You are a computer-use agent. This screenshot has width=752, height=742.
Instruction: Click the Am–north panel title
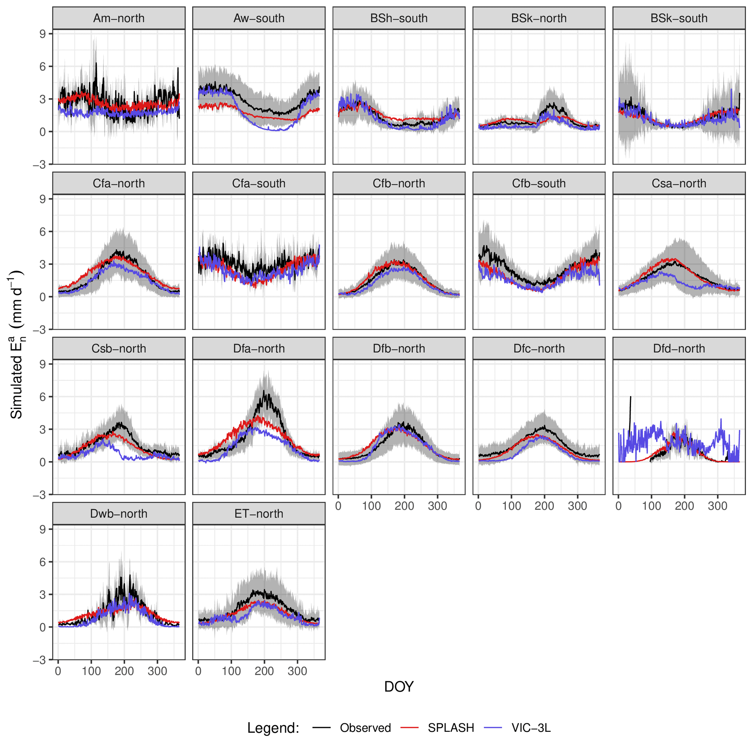coord(119,18)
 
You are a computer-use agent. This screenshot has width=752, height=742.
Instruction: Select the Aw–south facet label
coord(259,18)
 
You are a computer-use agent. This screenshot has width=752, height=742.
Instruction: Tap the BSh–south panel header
coord(399,18)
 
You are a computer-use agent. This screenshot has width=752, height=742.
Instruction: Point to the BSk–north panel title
coord(539,18)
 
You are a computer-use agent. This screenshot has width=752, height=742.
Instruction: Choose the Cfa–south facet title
coord(259,183)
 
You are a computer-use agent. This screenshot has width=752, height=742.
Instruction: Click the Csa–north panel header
coord(679,183)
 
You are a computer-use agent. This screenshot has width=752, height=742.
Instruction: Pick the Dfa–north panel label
coord(259,348)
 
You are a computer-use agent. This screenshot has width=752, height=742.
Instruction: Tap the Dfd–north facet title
coord(679,348)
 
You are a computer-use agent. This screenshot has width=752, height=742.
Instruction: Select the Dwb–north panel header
coord(119,513)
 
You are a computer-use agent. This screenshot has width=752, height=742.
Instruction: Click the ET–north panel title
coord(259,513)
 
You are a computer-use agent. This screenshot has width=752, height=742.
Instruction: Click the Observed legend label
coord(365,728)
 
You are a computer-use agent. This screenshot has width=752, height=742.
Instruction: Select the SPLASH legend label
coord(451,728)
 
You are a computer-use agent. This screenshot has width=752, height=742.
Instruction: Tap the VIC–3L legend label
coord(531,728)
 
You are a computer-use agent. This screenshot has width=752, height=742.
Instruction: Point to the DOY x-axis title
coord(399,687)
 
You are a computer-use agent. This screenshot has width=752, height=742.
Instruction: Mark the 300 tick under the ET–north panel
coord(297,671)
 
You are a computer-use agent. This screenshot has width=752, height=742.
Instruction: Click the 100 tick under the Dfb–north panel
coord(371,506)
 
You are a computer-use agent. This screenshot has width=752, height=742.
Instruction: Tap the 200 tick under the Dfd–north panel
coord(684,506)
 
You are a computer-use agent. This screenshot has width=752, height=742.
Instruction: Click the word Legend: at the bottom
coord(273,728)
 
